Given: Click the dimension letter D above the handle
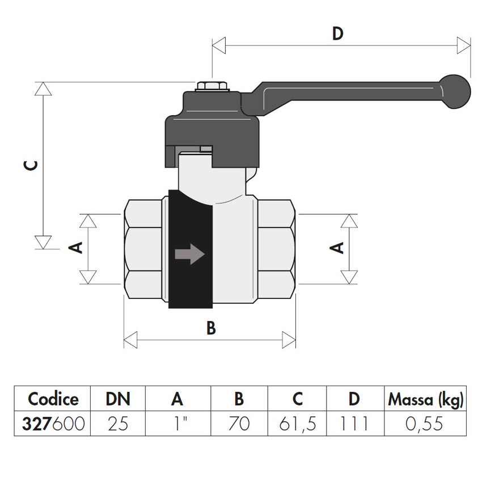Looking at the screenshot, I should pyautogui.click(x=337, y=34).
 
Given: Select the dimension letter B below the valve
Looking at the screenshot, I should pyautogui.click(x=210, y=328).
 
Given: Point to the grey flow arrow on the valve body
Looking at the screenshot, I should pyautogui.click(x=189, y=254).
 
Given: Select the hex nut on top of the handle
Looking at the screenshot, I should pyautogui.click(x=211, y=87).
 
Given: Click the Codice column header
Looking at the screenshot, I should pyautogui.click(x=53, y=399).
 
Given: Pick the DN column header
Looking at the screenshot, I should pyautogui.click(x=118, y=399).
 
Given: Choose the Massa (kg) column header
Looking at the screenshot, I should pyautogui.click(x=425, y=399).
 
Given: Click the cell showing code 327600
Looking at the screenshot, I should pyautogui.click(x=53, y=424).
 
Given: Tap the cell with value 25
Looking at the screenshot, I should pyautogui.click(x=118, y=424).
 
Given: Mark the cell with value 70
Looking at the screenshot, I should pyautogui.click(x=239, y=424).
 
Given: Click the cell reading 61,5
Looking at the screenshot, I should pyautogui.click(x=297, y=424).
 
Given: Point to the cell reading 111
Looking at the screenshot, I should pyautogui.click(x=354, y=424).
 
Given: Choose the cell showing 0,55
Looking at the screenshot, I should pyautogui.click(x=425, y=424).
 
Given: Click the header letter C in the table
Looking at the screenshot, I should pyautogui.click(x=297, y=399).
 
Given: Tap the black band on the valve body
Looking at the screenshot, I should pyautogui.click(x=190, y=284).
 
